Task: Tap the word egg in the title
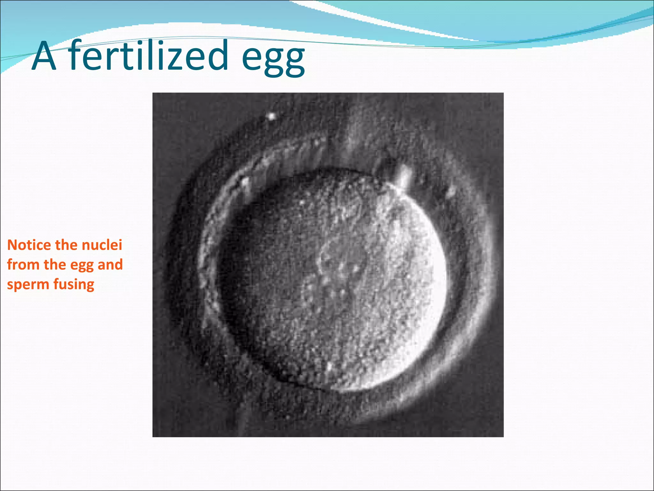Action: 273,59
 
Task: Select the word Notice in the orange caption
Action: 29,245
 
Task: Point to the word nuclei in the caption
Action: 102,245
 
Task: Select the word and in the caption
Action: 110,265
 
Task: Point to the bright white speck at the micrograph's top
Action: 271,116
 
